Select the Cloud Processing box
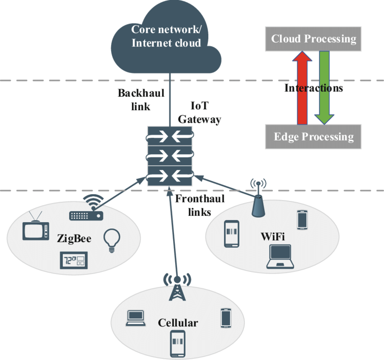pos(313,39)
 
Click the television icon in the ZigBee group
pos(35,227)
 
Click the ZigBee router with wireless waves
pos(86,211)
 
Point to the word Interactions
pos(313,88)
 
